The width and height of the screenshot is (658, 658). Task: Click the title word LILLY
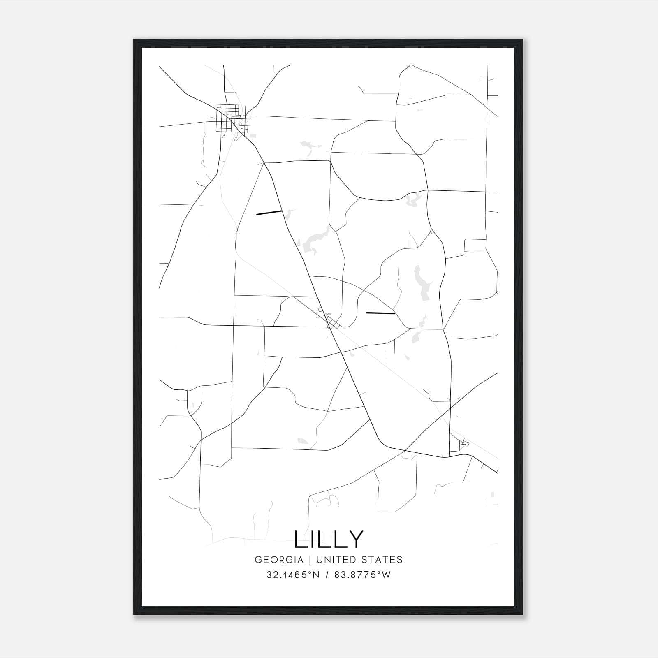[x=329, y=539]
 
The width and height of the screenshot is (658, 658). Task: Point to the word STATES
[x=382, y=560]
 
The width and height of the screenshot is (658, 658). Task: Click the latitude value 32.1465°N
[x=293, y=575]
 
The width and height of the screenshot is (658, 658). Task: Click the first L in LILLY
[x=300, y=539]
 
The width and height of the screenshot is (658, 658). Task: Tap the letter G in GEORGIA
[x=258, y=560]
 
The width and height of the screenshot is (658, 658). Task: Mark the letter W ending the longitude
[x=387, y=575]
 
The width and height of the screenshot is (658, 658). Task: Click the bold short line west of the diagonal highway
[x=269, y=213]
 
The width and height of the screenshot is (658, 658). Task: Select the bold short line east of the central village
[x=380, y=313]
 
